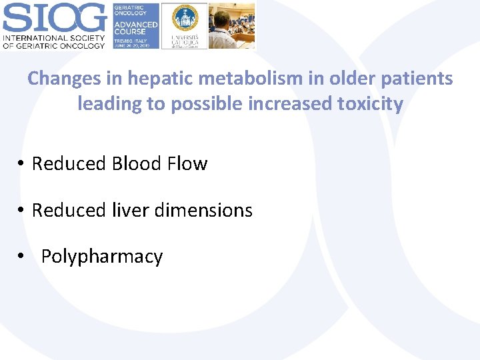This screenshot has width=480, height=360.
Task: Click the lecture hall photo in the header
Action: tap(231, 25)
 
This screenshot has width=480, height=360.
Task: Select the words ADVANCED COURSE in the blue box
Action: tap(136, 28)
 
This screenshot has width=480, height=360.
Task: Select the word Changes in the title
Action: tap(63, 79)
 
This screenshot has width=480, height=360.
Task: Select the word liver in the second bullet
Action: tap(131, 210)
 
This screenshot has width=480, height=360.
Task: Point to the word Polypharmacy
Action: tap(102, 257)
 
